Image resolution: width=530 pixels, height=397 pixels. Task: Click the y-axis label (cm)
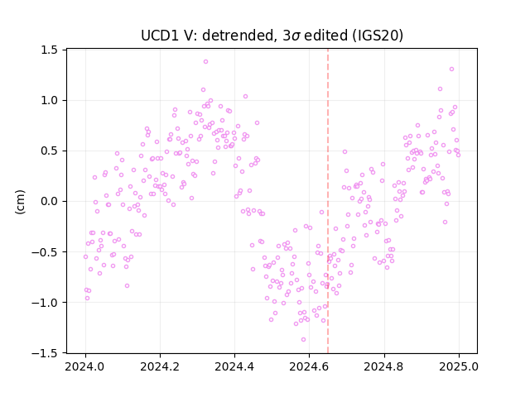[20, 202]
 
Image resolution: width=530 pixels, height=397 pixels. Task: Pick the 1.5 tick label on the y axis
[49, 50]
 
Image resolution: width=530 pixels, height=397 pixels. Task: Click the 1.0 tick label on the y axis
[49, 101]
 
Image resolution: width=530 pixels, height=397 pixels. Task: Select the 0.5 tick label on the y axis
[49, 151]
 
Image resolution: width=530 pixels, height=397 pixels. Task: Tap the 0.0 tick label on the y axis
[49, 202]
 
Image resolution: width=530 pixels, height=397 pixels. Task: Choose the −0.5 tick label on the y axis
[45, 252]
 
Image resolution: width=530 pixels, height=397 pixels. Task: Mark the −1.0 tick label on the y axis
[45, 303]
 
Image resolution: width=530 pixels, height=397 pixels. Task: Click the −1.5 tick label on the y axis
[45, 353]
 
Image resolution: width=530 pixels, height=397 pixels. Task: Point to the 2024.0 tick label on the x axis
[85, 366]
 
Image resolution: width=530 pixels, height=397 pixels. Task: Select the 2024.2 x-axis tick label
[160, 366]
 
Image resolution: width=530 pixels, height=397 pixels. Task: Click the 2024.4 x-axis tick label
[234, 366]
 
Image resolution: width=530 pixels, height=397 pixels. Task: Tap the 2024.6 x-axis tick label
[309, 366]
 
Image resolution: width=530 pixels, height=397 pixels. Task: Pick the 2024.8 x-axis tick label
[384, 366]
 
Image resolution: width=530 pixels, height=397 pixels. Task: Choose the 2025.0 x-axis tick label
[459, 366]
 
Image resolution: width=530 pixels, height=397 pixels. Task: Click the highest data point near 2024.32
[205, 62]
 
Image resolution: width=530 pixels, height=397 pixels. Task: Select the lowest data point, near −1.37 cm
[303, 340]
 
